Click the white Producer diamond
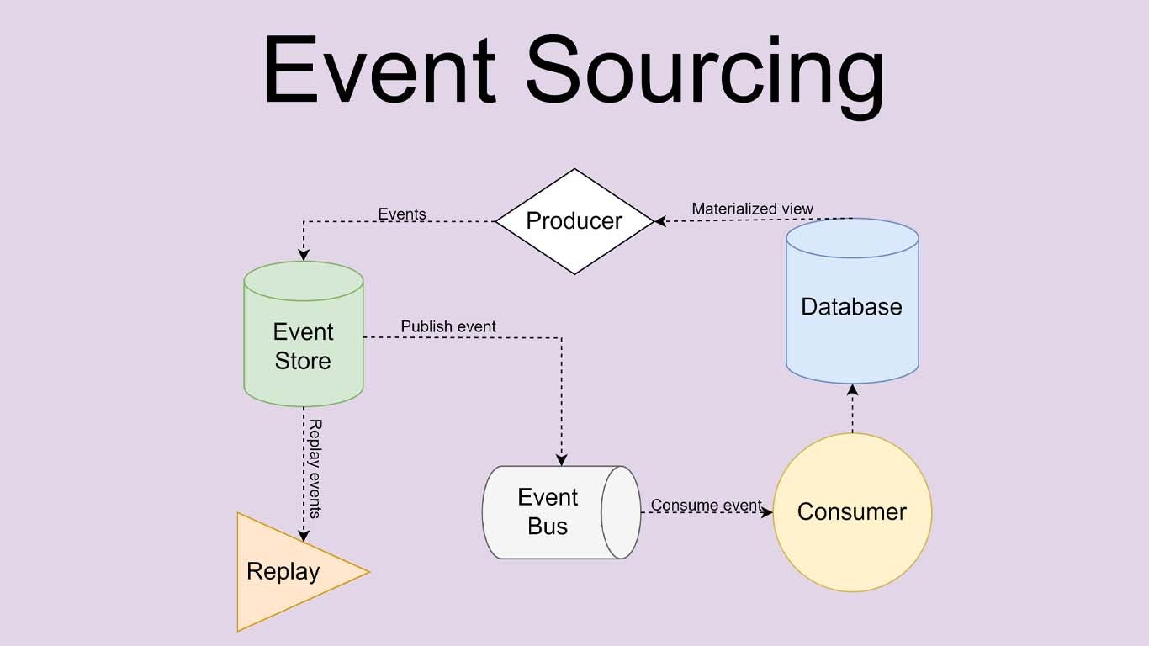pyautogui.click(x=574, y=221)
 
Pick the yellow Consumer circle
pyautogui.click(x=852, y=512)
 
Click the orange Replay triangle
pyautogui.click(x=286, y=572)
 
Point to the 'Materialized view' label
pyautogui.click(x=752, y=209)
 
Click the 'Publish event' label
pyautogui.click(x=448, y=326)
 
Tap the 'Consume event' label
pyautogui.click(x=706, y=505)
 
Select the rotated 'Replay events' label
pyautogui.click(x=315, y=469)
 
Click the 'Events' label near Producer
pyautogui.click(x=402, y=214)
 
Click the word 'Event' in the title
pyautogui.click(x=379, y=71)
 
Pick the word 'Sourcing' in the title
pyautogui.click(x=705, y=76)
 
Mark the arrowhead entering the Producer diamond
pyautogui.click(x=661, y=221)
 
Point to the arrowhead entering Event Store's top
pyautogui.click(x=304, y=255)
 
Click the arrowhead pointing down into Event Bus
pyautogui.click(x=561, y=459)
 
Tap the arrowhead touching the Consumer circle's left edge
pyautogui.click(x=766, y=512)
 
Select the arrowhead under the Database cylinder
pyautogui.click(x=852, y=390)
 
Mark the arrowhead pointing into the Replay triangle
pyautogui.click(x=303, y=536)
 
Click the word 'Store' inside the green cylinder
pyautogui.click(x=303, y=361)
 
